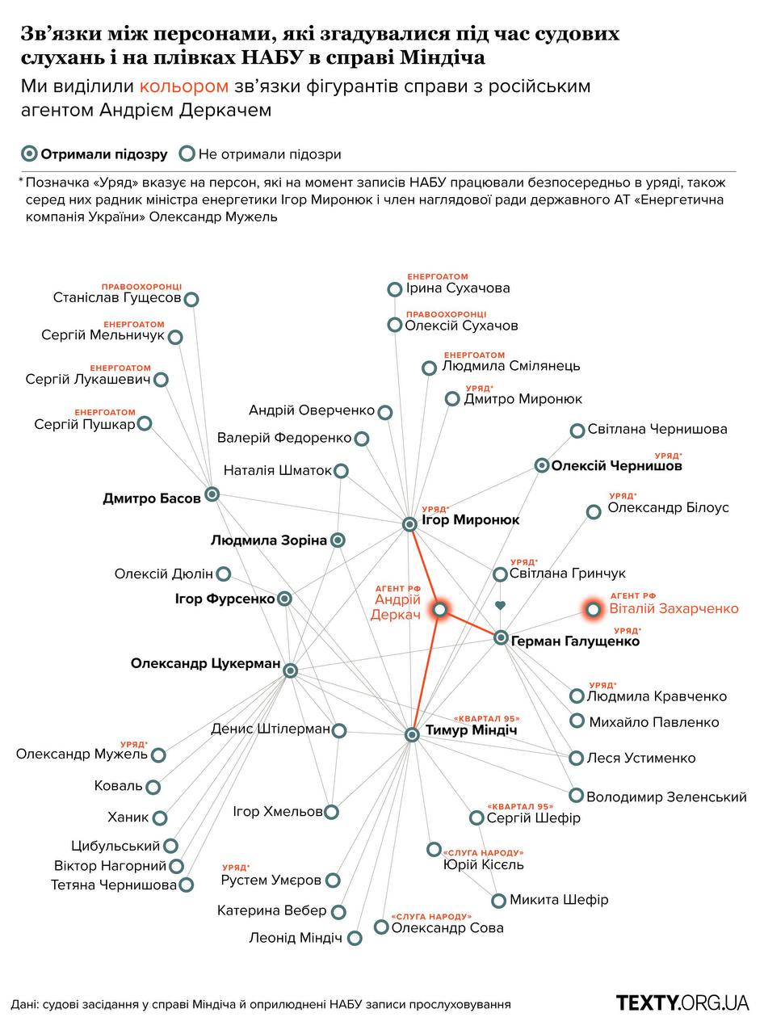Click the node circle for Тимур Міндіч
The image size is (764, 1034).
[412, 734]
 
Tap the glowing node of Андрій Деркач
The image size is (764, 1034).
[440, 609]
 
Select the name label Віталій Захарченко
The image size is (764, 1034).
[674, 608]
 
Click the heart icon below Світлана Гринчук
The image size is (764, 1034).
[500, 605]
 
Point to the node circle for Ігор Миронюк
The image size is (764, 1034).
[409, 524]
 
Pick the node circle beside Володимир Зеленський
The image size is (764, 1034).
[576, 796]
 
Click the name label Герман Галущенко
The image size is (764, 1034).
[575, 641]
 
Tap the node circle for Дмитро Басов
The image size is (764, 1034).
[212, 494]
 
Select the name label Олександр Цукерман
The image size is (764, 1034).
[205, 664]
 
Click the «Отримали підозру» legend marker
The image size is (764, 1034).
[30, 153]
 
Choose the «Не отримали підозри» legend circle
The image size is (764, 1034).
[187, 153]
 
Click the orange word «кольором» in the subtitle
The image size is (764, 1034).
[183, 86]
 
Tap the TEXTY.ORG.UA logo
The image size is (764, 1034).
[682, 1003]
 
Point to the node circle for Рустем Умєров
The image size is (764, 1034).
[333, 881]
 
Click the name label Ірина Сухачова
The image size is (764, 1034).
[458, 288]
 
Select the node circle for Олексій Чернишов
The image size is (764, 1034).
[542, 465]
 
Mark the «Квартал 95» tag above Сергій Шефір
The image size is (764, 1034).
[520, 806]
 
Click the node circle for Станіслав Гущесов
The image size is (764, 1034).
[191, 299]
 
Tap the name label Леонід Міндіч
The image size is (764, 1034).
[296, 938]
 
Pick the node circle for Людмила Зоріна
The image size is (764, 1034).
[338, 540]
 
